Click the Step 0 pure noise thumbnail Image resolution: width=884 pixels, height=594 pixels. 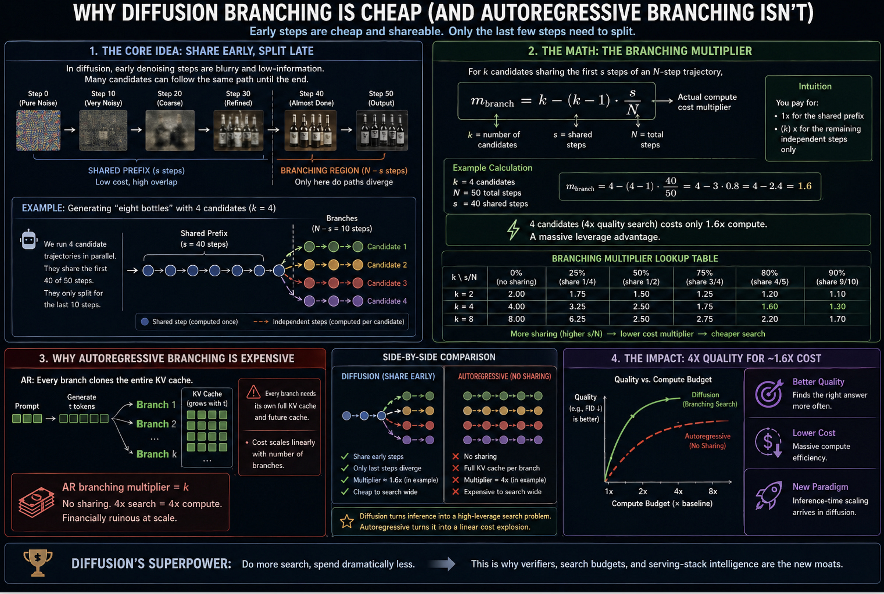point(38,130)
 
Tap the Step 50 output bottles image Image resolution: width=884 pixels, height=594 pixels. point(382,130)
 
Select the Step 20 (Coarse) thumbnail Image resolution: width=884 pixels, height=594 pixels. point(170,130)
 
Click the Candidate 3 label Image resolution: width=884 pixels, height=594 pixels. point(387,283)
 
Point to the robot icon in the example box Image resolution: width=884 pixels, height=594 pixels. point(29,240)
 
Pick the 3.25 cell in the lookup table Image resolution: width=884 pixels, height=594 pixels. point(577,307)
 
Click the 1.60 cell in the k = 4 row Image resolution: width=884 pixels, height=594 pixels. point(769,307)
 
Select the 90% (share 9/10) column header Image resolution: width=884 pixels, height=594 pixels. point(836,277)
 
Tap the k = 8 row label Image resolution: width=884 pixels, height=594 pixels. point(464,319)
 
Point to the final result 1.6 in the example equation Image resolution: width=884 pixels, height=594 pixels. point(804,186)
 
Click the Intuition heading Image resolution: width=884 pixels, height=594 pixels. point(815,86)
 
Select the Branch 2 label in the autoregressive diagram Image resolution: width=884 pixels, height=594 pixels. point(156,424)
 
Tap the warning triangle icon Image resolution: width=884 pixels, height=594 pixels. point(253,392)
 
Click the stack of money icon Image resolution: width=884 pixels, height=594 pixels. point(36,502)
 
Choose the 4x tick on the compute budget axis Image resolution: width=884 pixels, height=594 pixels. point(678,491)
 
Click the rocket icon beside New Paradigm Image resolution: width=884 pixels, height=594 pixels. point(768,495)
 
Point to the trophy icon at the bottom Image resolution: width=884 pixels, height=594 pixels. point(38,563)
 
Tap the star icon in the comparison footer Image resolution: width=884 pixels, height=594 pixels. point(347,521)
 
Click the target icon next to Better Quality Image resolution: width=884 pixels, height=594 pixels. point(768,393)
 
